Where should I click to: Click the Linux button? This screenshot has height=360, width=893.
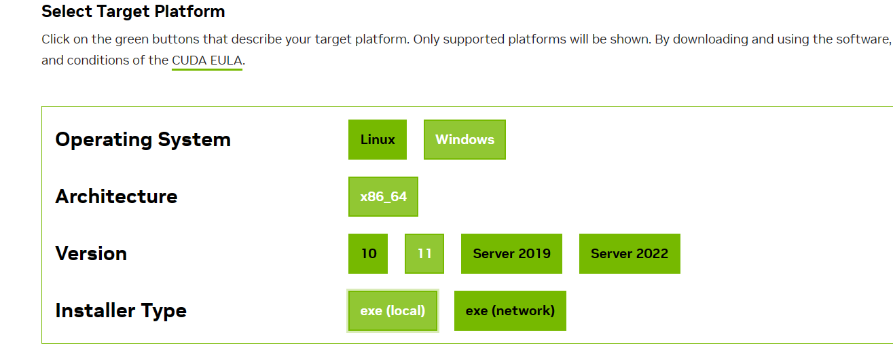tap(378, 139)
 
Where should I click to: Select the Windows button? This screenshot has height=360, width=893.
tap(464, 139)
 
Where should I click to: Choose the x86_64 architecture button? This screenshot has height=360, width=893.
tap(383, 196)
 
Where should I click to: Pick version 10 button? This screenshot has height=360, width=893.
tap(368, 253)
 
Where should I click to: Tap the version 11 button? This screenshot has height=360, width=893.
tap(424, 253)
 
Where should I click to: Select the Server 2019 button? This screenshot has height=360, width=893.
tap(511, 253)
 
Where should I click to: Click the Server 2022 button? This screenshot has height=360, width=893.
tap(630, 253)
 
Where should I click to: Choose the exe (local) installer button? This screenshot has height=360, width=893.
tap(393, 310)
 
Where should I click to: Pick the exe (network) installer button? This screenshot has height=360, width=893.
tap(510, 310)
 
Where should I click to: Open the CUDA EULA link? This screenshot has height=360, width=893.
tap(207, 60)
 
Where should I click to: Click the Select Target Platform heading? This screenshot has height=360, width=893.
tap(133, 12)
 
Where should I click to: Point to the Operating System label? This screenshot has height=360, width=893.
tap(143, 139)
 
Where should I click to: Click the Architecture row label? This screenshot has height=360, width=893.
tap(116, 196)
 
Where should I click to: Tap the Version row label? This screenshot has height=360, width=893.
tap(91, 253)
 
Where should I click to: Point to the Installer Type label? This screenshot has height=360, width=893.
tap(121, 310)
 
